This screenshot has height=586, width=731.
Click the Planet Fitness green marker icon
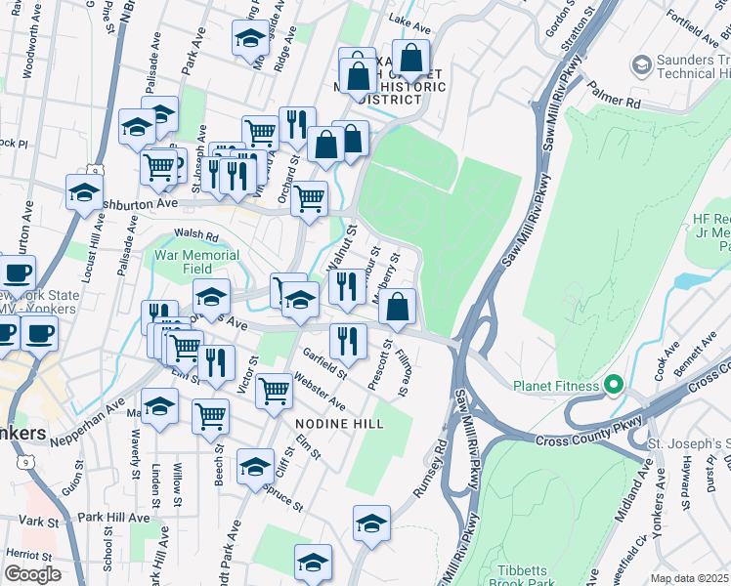coord(614,385)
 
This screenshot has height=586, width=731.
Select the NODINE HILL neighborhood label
coord(339,423)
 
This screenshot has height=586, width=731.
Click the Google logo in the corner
coord(32,574)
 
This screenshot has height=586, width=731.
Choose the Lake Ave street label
coord(409,20)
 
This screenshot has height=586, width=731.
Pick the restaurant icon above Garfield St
coord(348,342)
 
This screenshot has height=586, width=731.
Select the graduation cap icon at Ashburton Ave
coord(85,191)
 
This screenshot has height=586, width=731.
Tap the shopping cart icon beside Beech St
coord(210,416)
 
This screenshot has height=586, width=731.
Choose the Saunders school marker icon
coord(642,65)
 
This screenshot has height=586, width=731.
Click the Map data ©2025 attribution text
coord(688,578)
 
